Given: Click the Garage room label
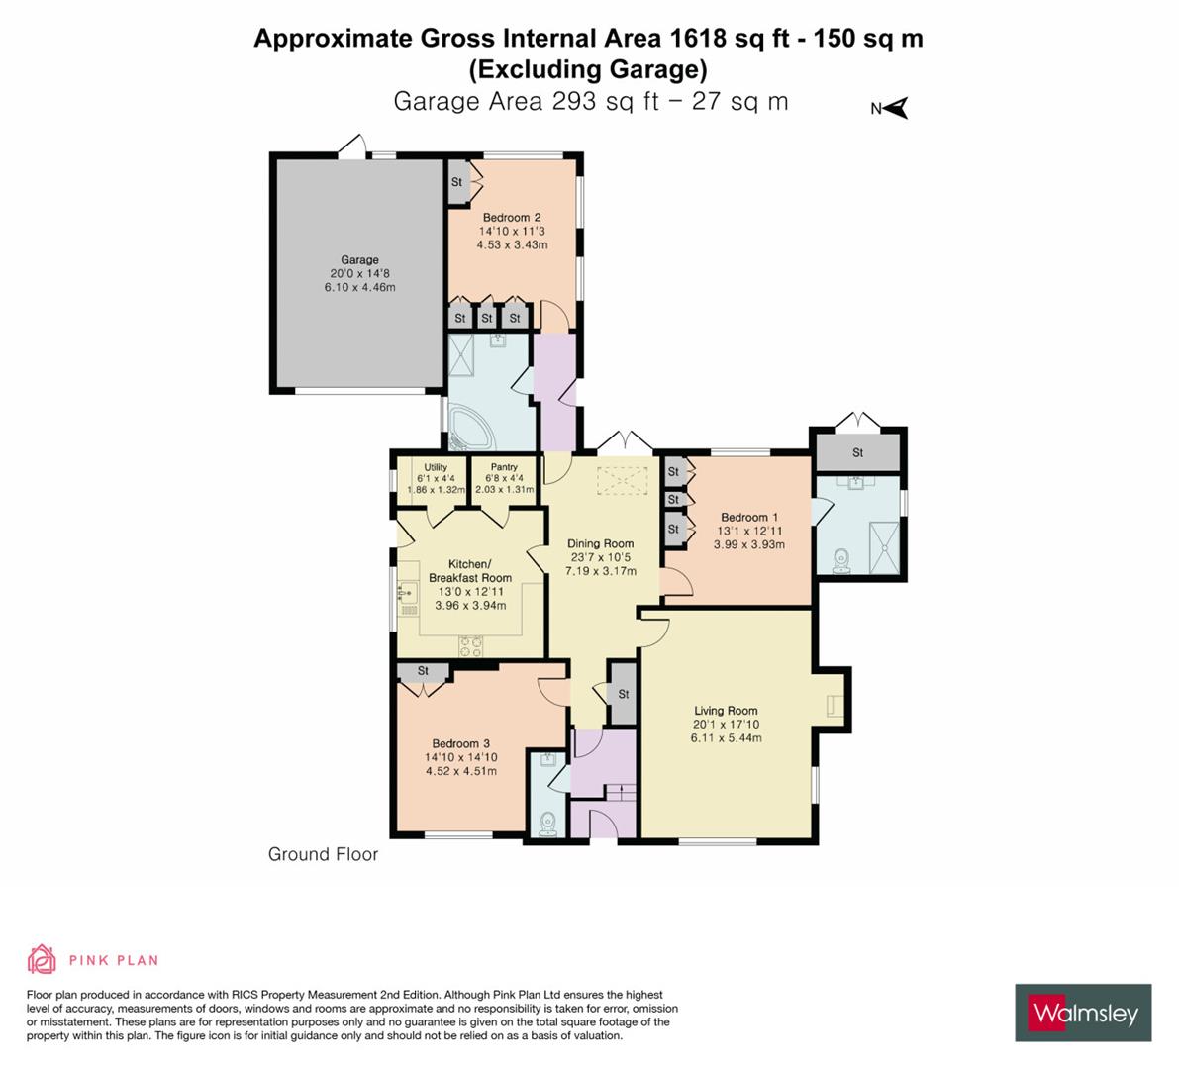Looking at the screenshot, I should (x=359, y=260).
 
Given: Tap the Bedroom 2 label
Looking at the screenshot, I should (x=511, y=218).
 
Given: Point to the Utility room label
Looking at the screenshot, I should (x=436, y=468).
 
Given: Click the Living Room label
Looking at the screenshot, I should (x=726, y=711).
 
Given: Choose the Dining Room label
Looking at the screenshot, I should (x=600, y=543).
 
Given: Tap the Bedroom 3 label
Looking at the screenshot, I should (x=460, y=744).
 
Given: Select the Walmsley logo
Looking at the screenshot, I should (x=1083, y=1013).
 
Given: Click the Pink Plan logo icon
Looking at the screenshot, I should (x=42, y=959).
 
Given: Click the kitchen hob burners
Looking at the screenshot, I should (x=470, y=644).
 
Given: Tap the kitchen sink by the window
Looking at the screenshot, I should (x=407, y=594).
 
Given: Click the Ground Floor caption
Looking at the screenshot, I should (x=323, y=854).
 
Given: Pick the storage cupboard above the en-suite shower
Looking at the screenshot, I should (x=857, y=452).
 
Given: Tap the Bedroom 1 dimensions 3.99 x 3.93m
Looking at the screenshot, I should (x=748, y=544).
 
